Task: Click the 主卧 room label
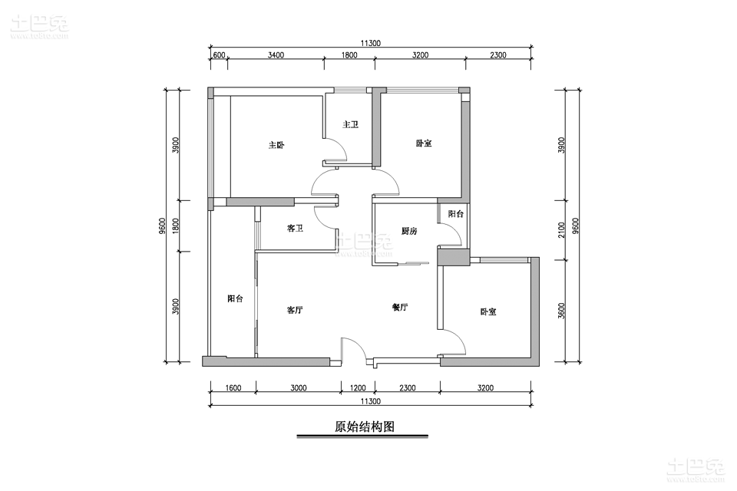(x=276, y=145)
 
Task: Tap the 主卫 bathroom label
(x=350, y=124)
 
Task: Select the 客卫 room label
(x=295, y=229)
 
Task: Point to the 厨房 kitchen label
(x=409, y=231)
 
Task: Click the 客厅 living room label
(x=295, y=310)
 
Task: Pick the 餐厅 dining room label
(x=400, y=308)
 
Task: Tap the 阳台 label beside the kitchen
(x=455, y=214)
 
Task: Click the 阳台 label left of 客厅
(x=235, y=298)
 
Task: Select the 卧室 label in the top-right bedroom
(x=424, y=143)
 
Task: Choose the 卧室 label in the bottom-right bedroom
(x=488, y=311)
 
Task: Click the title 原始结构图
(x=364, y=426)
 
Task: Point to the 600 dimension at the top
(x=219, y=55)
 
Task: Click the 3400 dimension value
(x=276, y=55)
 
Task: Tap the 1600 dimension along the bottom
(x=233, y=388)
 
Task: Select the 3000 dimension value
(x=299, y=388)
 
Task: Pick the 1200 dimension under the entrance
(x=359, y=388)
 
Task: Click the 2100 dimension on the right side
(x=561, y=230)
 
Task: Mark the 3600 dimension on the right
(x=561, y=311)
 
